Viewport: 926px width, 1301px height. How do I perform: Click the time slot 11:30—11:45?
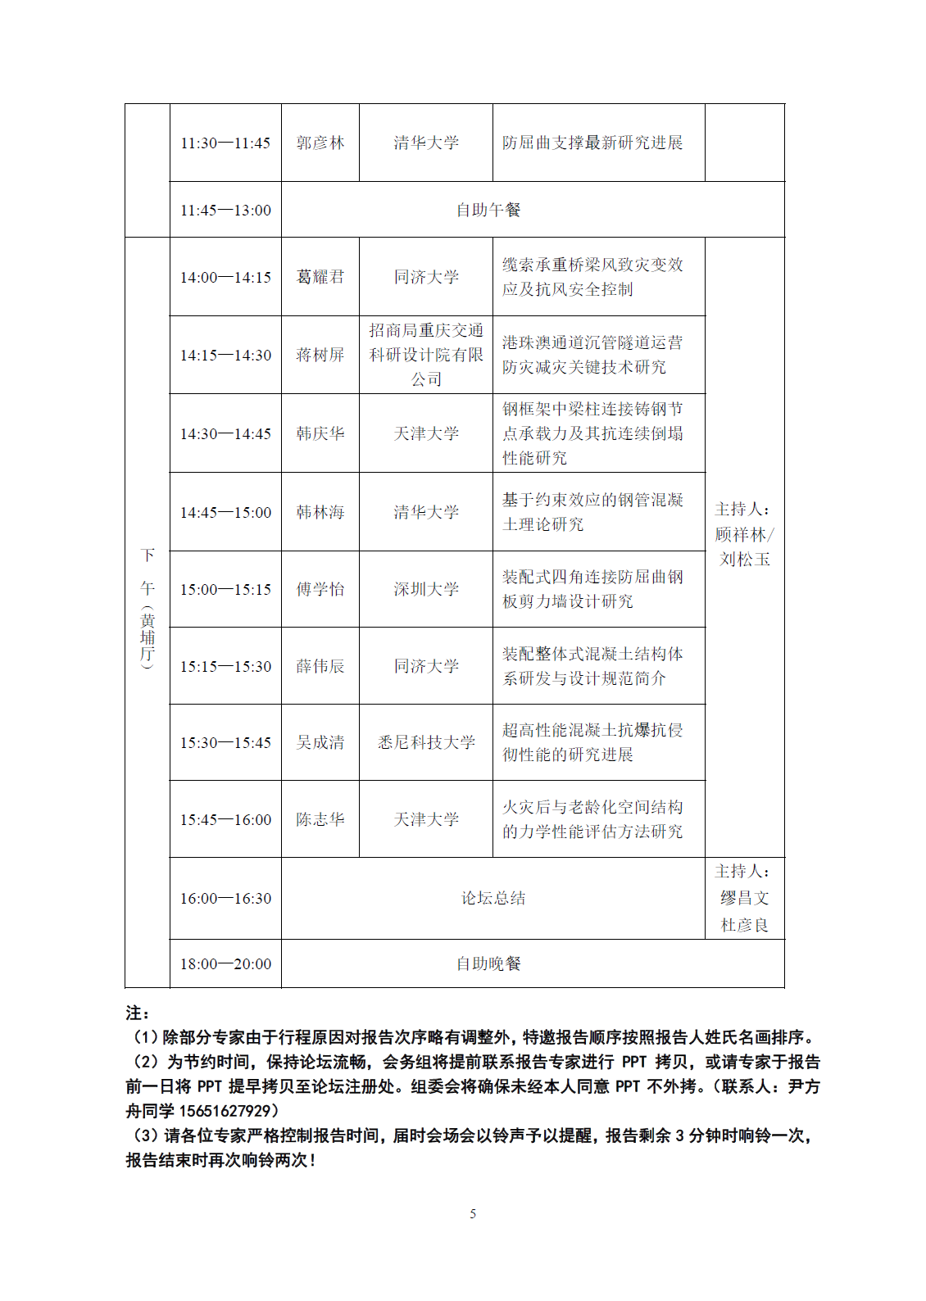(x=225, y=143)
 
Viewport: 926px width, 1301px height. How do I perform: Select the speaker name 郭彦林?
(x=320, y=143)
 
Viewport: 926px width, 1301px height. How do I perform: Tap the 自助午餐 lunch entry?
(x=489, y=211)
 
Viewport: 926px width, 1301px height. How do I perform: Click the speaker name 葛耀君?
(x=320, y=277)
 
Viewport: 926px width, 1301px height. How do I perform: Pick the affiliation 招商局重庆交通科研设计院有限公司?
(x=426, y=355)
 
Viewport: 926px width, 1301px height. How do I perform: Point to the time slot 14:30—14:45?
(x=225, y=433)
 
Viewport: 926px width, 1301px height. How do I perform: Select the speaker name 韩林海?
(x=320, y=512)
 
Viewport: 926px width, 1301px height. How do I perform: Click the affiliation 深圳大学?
(x=426, y=589)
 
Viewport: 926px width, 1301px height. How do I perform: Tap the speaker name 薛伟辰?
(x=320, y=666)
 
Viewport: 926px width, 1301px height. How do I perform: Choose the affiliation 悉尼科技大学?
(x=426, y=742)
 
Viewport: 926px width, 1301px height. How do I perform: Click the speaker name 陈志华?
(x=320, y=819)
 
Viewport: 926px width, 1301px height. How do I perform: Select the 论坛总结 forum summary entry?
(x=493, y=898)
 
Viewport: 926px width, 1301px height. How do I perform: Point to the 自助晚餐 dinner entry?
(x=489, y=963)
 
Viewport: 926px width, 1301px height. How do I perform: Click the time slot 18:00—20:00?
(x=225, y=964)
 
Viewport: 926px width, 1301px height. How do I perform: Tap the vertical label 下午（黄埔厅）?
(x=148, y=610)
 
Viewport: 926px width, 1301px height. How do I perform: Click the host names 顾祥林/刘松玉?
(x=744, y=546)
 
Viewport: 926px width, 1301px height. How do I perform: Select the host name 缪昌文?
(x=744, y=898)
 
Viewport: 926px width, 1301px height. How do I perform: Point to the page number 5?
(x=473, y=1213)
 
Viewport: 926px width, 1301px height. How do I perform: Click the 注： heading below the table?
(x=137, y=1013)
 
